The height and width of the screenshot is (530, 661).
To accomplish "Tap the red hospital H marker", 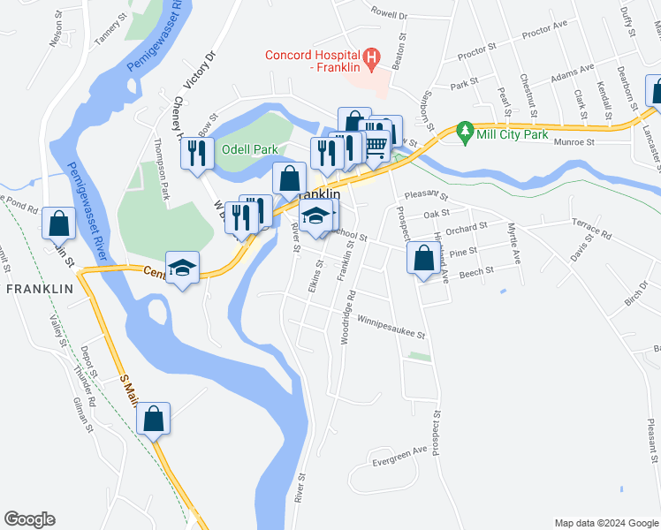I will coord(371,61).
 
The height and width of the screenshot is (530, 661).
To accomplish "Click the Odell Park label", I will coord(249,149).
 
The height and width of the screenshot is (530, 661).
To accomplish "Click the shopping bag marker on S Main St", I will coord(154,420).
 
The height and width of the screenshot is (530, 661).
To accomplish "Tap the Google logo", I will coord(29,519).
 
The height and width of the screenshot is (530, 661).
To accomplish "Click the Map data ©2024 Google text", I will coord(605,522).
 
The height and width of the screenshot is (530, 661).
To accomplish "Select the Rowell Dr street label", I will coord(389,15).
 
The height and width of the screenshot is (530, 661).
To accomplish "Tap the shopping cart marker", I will coord(376,142).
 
